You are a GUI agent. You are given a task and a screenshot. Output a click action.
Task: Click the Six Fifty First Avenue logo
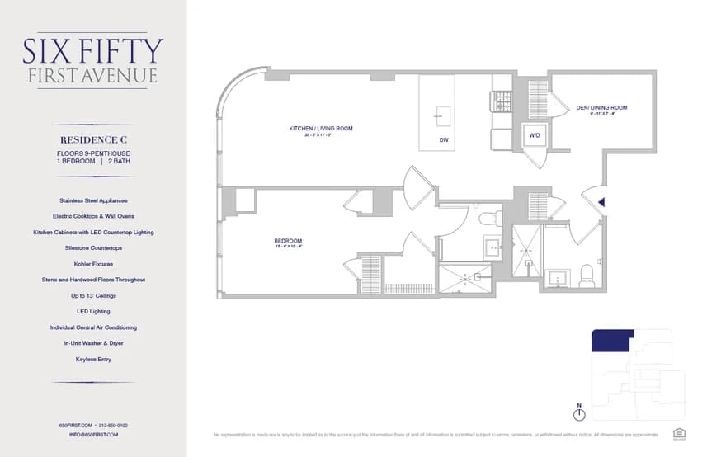92,59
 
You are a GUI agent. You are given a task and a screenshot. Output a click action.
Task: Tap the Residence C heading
92,140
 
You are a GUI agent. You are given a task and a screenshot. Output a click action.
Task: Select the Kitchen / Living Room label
321,129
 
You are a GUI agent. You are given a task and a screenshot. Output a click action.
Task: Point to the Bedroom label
288,241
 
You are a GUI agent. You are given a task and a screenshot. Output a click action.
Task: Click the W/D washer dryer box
535,135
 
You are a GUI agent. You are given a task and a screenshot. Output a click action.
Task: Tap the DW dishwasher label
444,140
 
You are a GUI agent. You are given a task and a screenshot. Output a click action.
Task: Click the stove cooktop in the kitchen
502,101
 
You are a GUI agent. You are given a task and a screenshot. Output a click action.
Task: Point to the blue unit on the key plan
610,338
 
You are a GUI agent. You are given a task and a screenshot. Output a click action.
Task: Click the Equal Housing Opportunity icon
679,433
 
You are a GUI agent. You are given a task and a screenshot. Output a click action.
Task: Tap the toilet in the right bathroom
587,276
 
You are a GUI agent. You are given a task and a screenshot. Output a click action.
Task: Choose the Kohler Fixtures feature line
93,264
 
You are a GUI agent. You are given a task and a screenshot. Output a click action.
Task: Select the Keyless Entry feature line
93,359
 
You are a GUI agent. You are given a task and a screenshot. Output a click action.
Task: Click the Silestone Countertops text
93,248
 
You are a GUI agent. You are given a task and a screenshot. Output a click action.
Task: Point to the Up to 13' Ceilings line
93,295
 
